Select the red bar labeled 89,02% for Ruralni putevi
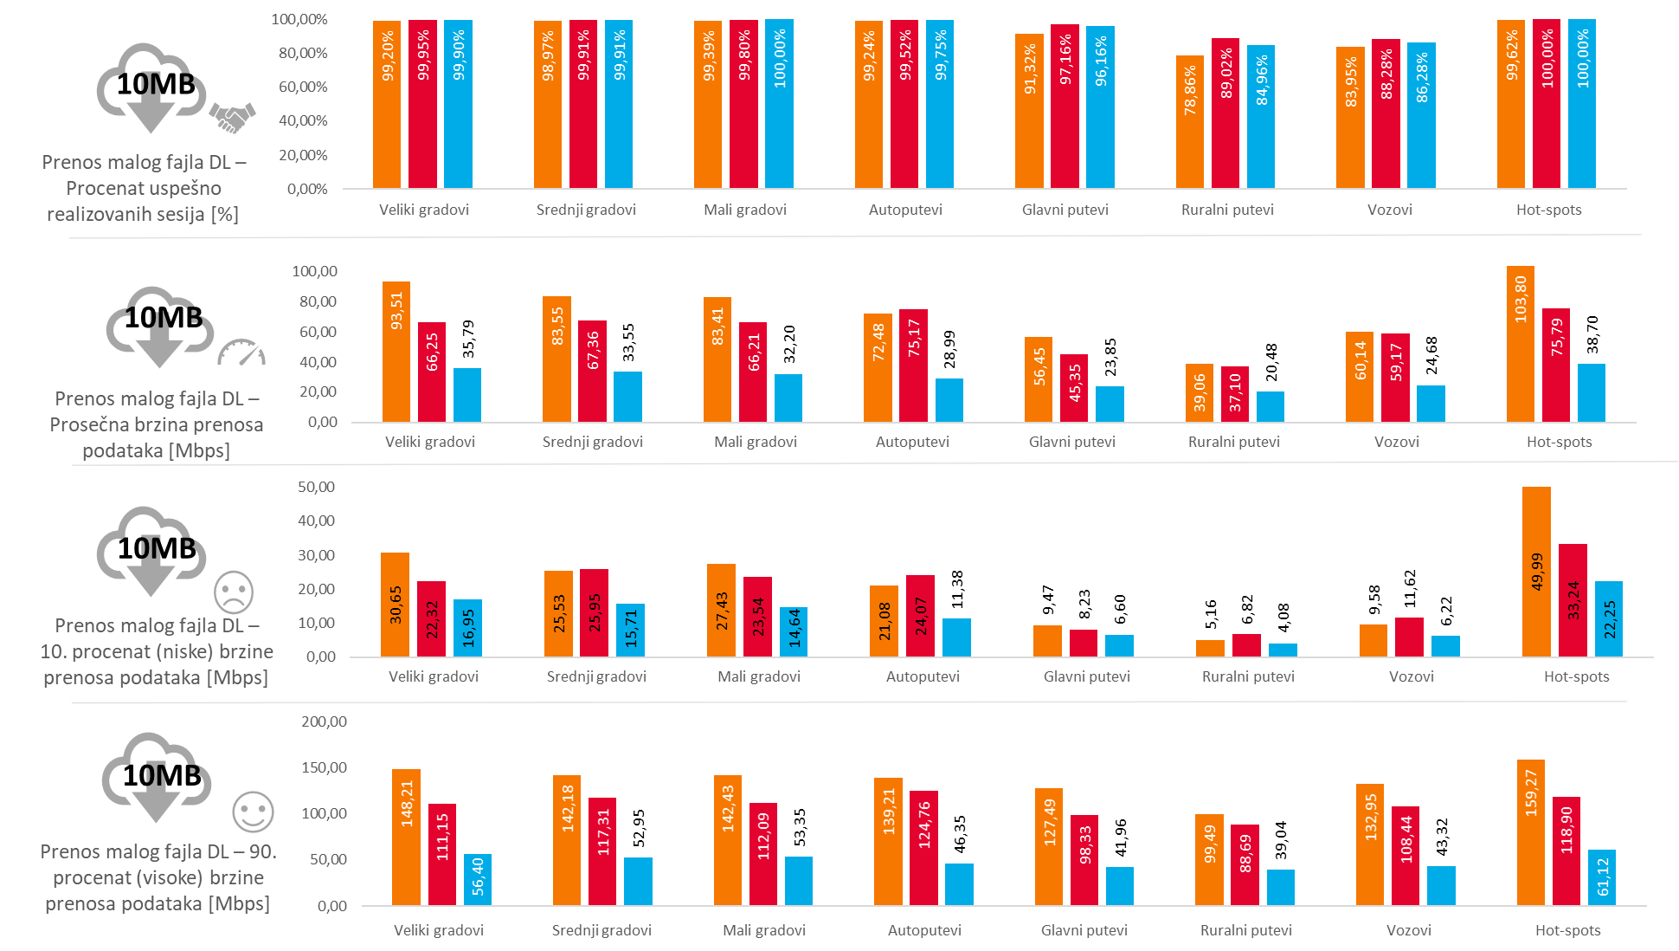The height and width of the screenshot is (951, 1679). click(x=1225, y=113)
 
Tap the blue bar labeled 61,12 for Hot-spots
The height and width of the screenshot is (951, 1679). click(x=1601, y=877)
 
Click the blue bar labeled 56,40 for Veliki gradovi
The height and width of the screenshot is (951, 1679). click(x=477, y=879)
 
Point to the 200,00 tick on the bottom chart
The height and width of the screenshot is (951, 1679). click(x=324, y=721)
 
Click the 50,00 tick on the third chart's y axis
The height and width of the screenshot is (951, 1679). click(x=316, y=487)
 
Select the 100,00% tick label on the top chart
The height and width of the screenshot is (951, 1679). click(x=299, y=19)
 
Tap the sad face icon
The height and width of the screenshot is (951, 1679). click(x=234, y=592)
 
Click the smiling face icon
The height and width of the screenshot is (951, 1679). click(x=253, y=812)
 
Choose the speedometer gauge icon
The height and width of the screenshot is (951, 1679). click(x=241, y=353)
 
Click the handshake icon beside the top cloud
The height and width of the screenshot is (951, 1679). click(x=232, y=117)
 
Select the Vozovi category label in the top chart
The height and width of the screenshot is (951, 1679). click(x=1389, y=210)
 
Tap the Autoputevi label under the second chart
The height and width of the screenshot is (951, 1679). click(x=912, y=442)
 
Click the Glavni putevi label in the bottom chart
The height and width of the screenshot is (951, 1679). click(x=1084, y=930)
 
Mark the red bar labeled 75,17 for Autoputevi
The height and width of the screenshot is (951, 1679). click(x=913, y=366)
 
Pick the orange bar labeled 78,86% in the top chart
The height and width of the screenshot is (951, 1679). click(x=1189, y=122)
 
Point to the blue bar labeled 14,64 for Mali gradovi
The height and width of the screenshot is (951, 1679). click(x=794, y=631)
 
